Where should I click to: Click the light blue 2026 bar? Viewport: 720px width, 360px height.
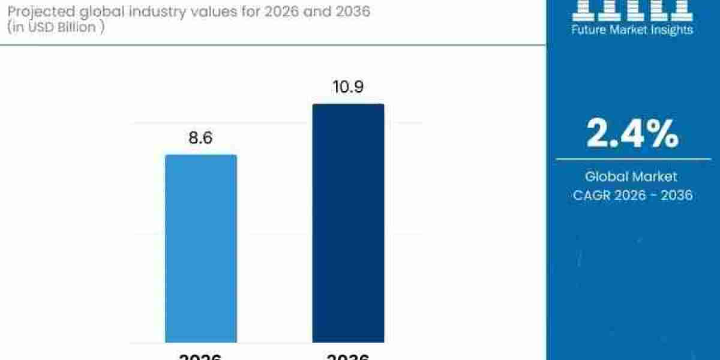pyautogui.click(x=201, y=248)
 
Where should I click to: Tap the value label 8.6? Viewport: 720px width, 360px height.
pyautogui.click(x=201, y=138)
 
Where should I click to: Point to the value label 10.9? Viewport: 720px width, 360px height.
pyautogui.click(x=348, y=88)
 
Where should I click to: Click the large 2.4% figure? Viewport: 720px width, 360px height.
pyautogui.click(x=632, y=133)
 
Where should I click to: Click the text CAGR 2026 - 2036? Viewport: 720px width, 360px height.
pyautogui.click(x=632, y=195)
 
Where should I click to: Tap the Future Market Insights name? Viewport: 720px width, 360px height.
pyautogui.click(x=632, y=29)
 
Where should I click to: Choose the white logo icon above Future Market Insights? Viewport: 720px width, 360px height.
pyautogui.click(x=632, y=9)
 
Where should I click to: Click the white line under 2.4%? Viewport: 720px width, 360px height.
pyautogui.click(x=632, y=160)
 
